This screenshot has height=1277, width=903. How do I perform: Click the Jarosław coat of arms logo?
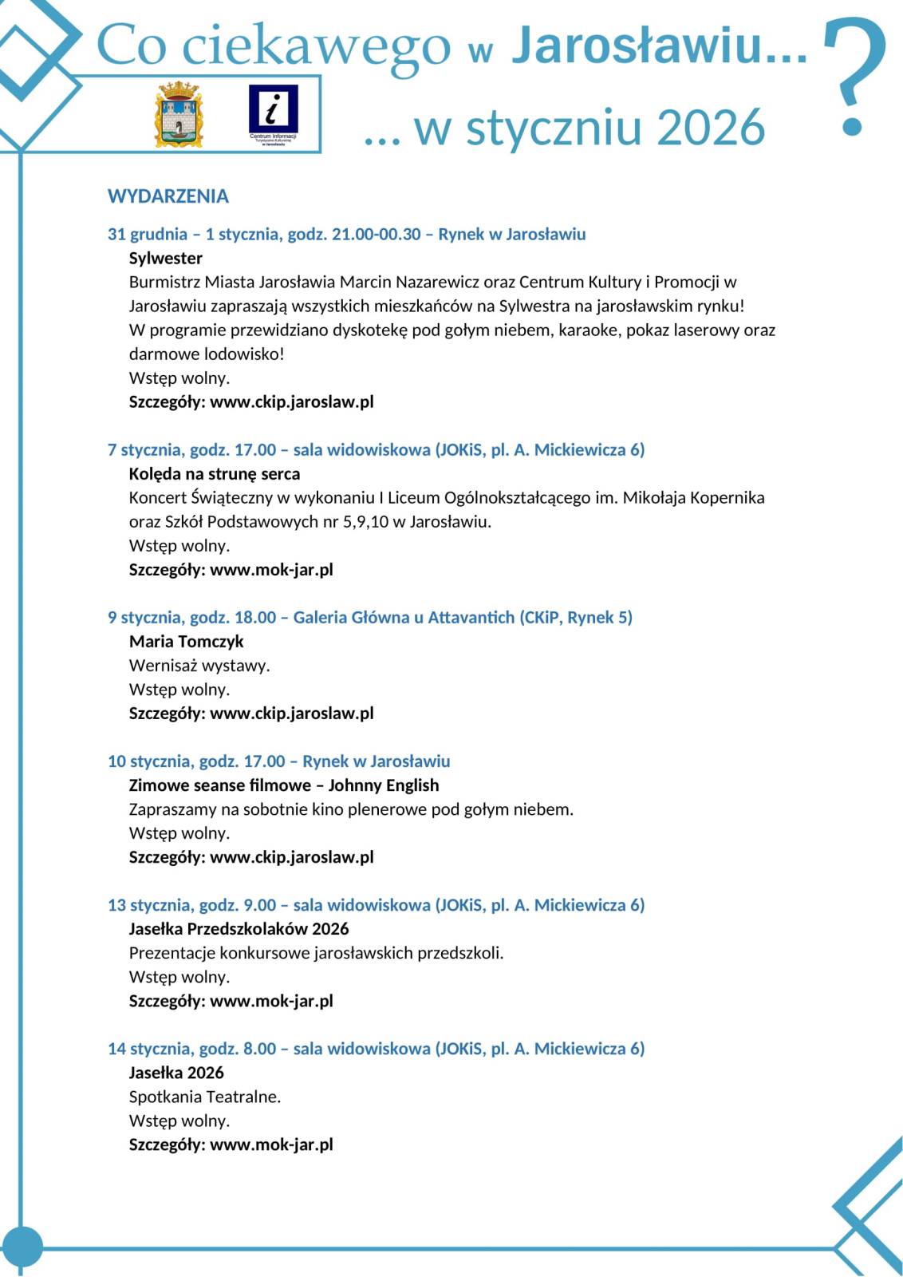coord(179,113)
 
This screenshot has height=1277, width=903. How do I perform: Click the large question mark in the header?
coord(854,76)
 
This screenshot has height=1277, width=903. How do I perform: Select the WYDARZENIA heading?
coord(168,196)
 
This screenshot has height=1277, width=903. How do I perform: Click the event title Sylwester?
coord(166,258)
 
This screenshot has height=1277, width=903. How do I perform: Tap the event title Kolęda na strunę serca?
coord(215,473)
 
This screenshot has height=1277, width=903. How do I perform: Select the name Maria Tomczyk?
coord(187,641)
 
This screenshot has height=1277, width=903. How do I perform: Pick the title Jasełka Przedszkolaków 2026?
coord(239,928)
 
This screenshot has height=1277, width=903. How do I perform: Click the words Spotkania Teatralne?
coord(205,1096)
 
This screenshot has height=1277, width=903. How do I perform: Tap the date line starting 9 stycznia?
coord(370,617)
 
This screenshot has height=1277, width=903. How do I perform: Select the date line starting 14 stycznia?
coord(376,1048)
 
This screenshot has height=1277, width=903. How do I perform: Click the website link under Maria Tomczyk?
coord(292,713)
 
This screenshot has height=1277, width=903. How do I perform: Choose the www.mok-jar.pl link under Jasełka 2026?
coord(271,1144)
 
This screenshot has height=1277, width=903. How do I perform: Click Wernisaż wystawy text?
coord(199,665)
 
